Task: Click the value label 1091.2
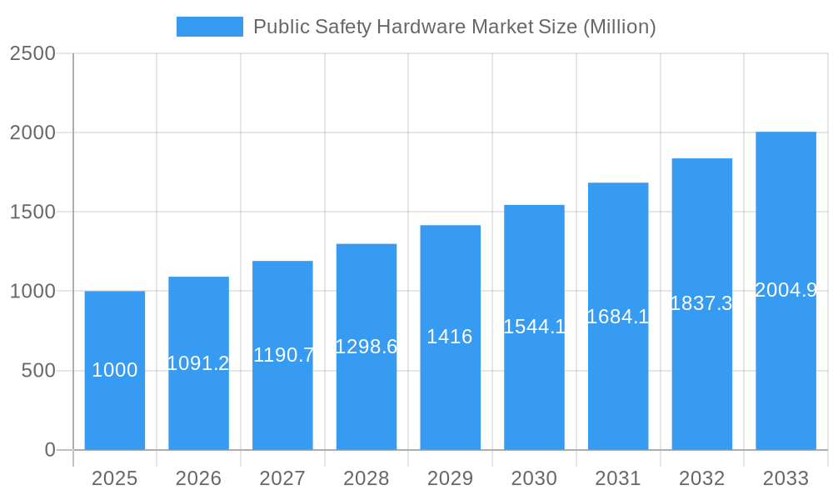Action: [198, 363]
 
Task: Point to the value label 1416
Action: [450, 337]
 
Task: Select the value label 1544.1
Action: [534, 327]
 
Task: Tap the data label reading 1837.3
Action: [701, 303]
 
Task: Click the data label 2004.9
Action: [786, 290]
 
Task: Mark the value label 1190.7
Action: [283, 355]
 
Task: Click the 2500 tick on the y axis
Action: [32, 53]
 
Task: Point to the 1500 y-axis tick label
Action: [32, 212]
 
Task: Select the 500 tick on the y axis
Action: [38, 371]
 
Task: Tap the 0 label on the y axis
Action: [49, 450]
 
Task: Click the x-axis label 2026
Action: [198, 478]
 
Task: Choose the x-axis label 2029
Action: [450, 478]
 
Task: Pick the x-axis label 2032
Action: [701, 478]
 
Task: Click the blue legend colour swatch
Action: [210, 27]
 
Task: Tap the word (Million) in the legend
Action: [619, 27]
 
